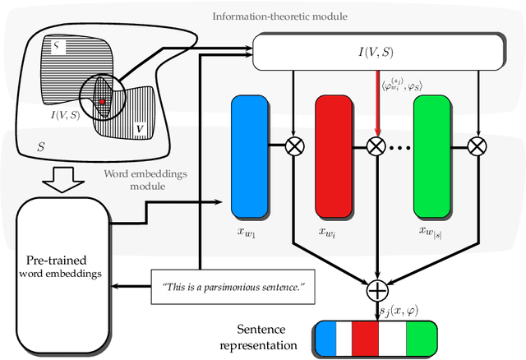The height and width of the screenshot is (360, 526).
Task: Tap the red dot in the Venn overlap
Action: [102, 101]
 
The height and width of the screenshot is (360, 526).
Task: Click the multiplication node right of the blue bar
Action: [293, 146]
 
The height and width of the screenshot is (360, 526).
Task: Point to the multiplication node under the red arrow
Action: [376, 146]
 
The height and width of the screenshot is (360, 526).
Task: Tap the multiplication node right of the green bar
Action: [477, 146]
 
